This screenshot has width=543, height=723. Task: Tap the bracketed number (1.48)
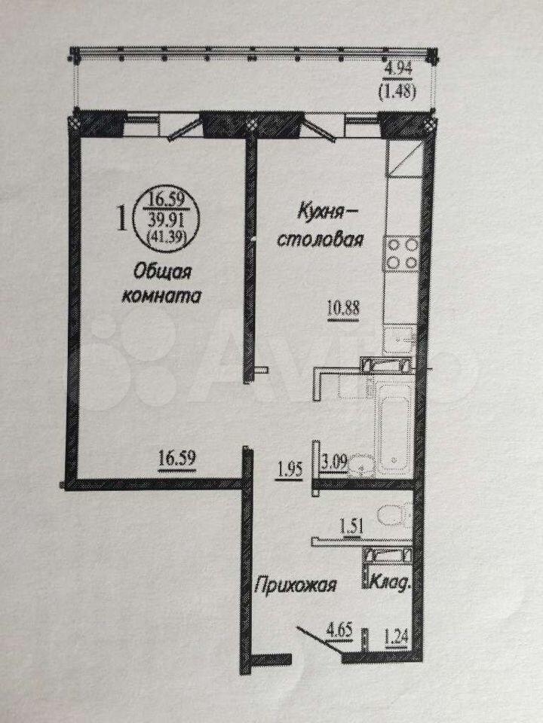click(397, 92)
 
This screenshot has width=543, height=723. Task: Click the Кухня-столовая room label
click(321, 227)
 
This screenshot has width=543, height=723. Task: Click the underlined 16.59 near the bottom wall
click(177, 459)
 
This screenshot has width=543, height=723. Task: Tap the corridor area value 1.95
click(290, 470)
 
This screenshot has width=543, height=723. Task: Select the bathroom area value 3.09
click(334, 463)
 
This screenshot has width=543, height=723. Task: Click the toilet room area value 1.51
click(352, 526)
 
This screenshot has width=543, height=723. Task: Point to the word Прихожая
click(296, 586)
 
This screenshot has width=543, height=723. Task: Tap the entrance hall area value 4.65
click(340, 630)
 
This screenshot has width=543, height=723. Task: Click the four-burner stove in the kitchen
click(402, 253)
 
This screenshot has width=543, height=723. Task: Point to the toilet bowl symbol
click(394, 516)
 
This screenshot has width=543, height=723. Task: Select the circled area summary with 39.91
click(166, 220)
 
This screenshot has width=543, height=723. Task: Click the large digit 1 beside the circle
click(122, 218)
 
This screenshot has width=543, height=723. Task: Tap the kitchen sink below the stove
click(400, 338)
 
